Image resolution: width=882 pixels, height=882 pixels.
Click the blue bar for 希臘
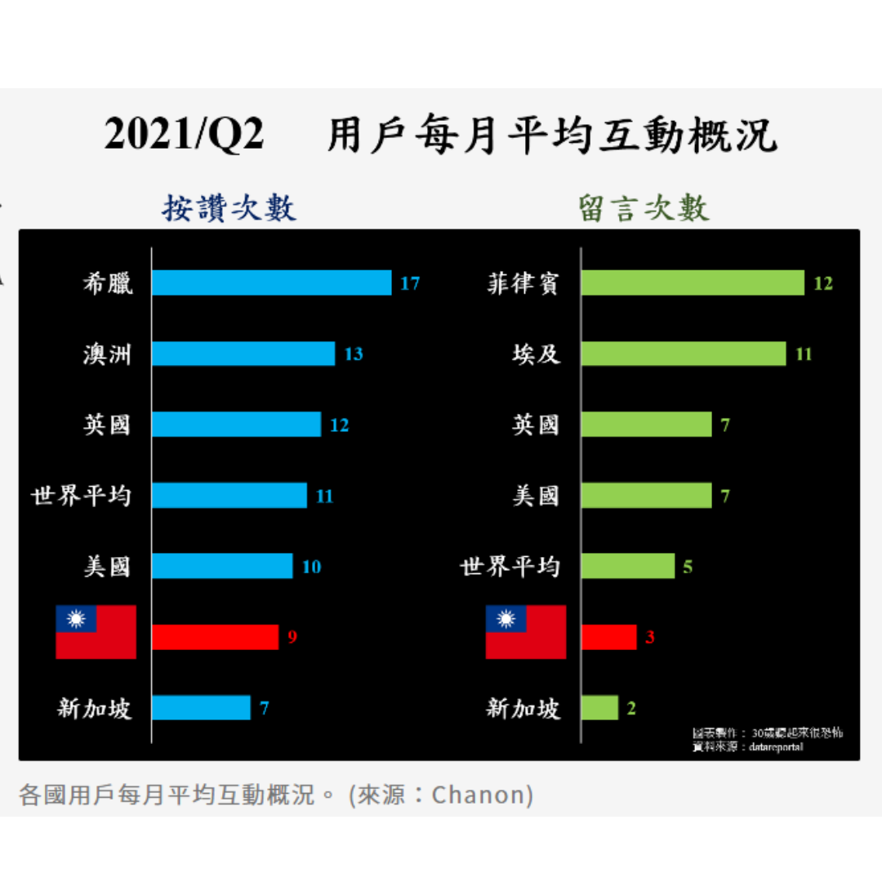(x=271, y=283)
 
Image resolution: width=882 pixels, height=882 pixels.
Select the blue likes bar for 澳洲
(x=243, y=354)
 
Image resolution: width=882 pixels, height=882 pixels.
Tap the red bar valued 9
(x=215, y=637)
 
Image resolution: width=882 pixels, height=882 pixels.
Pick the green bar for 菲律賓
(x=693, y=283)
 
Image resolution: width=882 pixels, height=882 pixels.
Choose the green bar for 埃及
(x=684, y=354)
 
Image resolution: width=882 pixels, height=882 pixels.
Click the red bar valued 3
(x=608, y=637)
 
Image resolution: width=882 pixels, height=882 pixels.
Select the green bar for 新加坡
(x=599, y=708)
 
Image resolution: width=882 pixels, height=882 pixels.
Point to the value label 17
(x=410, y=283)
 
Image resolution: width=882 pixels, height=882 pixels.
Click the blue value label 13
(x=354, y=354)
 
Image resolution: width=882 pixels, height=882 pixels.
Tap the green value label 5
(x=688, y=567)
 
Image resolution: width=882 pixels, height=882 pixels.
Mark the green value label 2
(x=631, y=708)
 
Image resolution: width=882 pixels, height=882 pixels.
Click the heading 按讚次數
(x=229, y=209)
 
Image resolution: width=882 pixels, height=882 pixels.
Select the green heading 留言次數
(x=644, y=209)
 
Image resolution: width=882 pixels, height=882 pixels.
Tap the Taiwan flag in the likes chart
(x=96, y=632)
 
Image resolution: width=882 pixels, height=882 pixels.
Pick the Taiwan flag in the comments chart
(x=526, y=632)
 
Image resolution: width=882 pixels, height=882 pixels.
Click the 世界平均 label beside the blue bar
(x=81, y=496)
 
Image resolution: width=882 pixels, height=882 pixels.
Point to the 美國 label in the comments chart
(x=536, y=496)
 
